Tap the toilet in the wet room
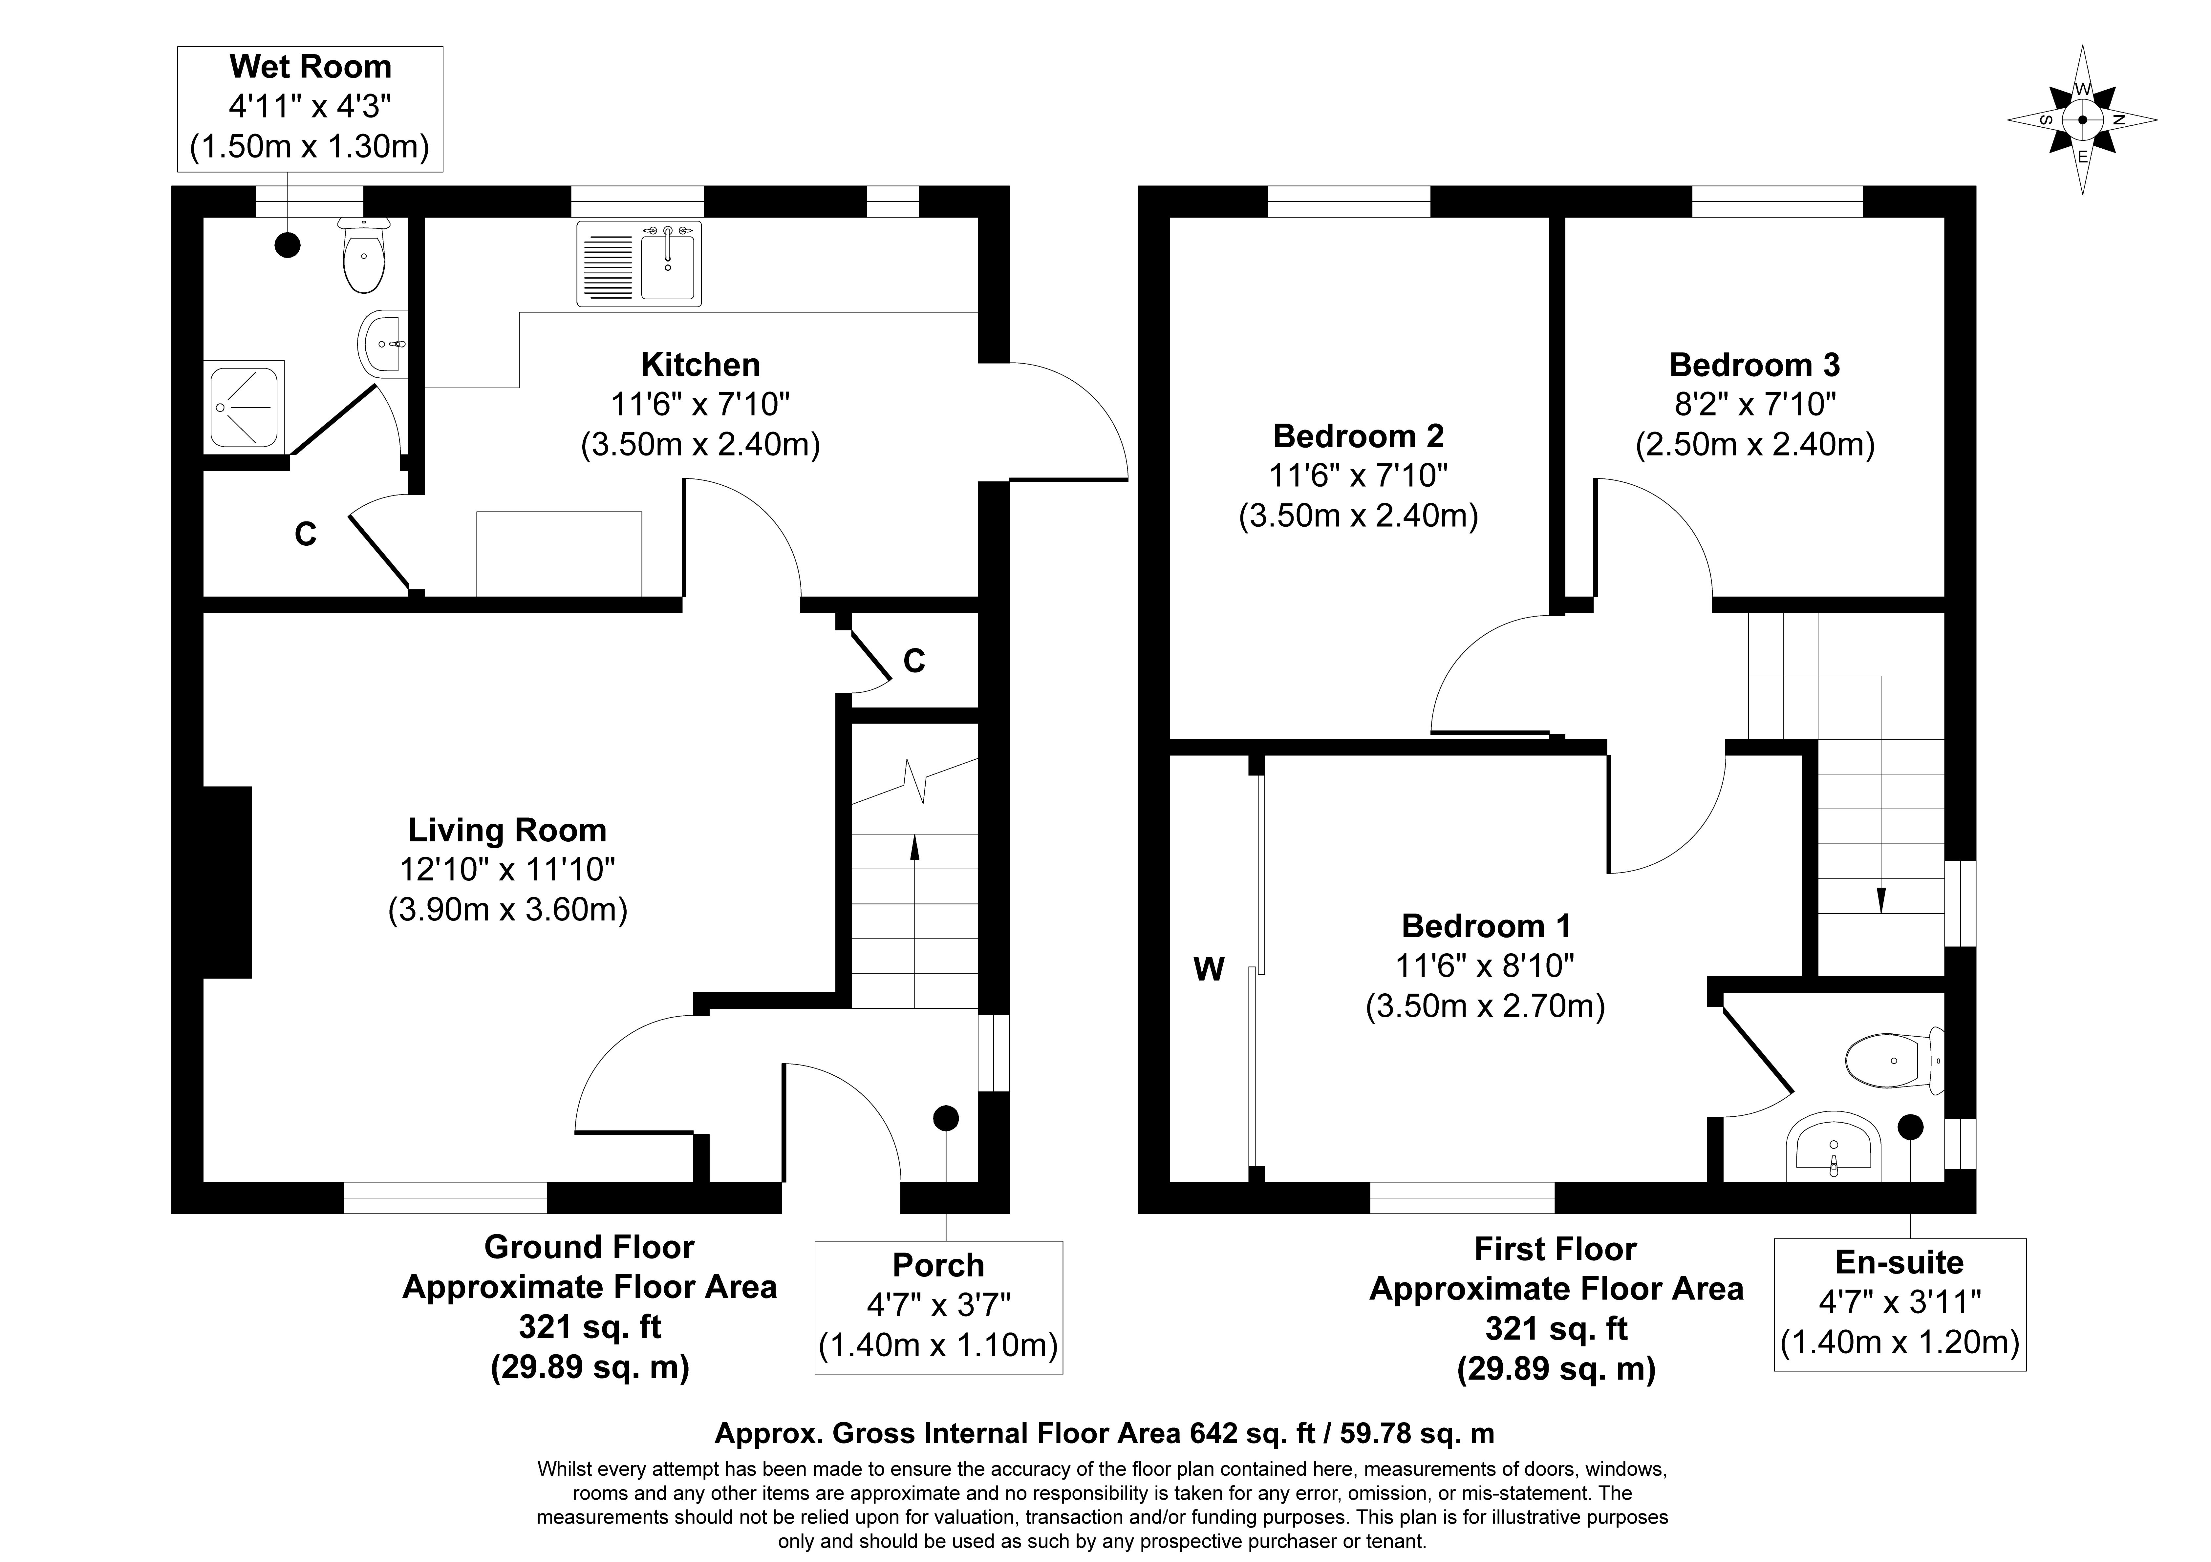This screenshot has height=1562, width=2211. pyautogui.click(x=364, y=255)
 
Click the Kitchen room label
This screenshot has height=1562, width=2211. pyautogui.click(x=700, y=365)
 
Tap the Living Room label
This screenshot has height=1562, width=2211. pyautogui.click(x=507, y=830)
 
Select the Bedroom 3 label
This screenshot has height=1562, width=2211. pyautogui.click(x=1754, y=365)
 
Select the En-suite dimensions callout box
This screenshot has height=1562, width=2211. pyautogui.click(x=1900, y=1304)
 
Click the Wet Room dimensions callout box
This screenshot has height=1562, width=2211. pyautogui.click(x=310, y=109)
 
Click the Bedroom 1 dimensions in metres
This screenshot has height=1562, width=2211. pyautogui.click(x=1486, y=1006)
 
